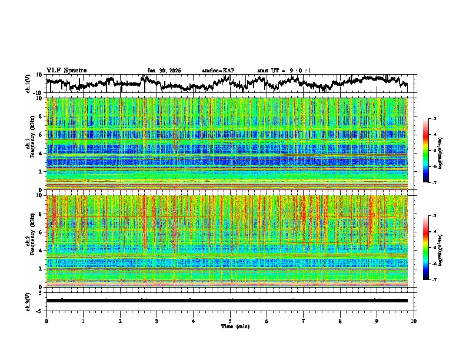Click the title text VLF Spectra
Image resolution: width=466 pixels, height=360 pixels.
pyautogui.click(x=66, y=71)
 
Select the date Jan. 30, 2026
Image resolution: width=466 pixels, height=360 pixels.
pyautogui.click(x=164, y=71)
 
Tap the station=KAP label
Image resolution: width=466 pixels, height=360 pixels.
pyautogui.click(x=218, y=71)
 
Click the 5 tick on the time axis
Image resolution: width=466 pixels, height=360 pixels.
pyautogui.click(x=230, y=321)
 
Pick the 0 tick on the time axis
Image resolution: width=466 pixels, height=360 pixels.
pyautogui.click(x=46, y=321)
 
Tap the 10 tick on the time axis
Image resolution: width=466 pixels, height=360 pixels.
pyautogui.click(x=414, y=321)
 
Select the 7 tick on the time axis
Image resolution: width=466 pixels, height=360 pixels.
pyautogui.click(x=304, y=321)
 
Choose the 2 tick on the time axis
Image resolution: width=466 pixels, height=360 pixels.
pyautogui.click(x=120, y=321)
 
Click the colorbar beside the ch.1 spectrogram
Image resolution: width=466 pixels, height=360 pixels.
pyautogui.click(x=426, y=151)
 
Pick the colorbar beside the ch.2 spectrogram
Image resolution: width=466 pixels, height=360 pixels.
pyautogui.click(x=426, y=247)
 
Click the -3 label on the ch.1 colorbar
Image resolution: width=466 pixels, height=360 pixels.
pyautogui.click(x=434, y=119)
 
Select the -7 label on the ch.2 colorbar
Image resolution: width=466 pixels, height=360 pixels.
pyautogui.click(x=434, y=280)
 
